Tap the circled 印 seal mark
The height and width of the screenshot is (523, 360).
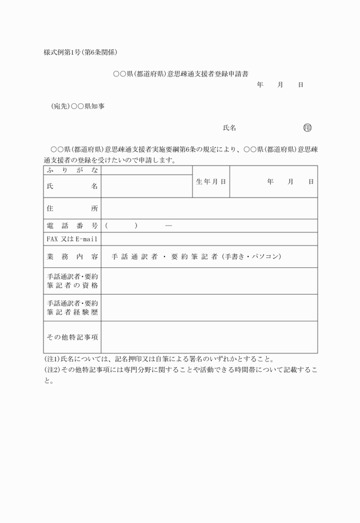pos(307,128)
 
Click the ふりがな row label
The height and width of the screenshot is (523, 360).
pos(72,170)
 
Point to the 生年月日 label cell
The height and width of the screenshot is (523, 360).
pos(211,182)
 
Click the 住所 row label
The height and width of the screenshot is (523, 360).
pos(72,208)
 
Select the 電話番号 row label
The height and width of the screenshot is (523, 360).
pos(72,226)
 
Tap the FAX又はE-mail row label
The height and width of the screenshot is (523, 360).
pos(72,239)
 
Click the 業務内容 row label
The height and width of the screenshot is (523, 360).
pos(72,256)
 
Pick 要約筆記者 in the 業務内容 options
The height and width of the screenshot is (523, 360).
pos(194,256)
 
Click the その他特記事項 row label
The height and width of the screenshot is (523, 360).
pos(72,337)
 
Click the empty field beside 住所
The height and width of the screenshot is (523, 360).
pos(209,208)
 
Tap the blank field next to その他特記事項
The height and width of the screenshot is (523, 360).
pos(209,337)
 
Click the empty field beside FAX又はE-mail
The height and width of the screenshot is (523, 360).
pos(209,239)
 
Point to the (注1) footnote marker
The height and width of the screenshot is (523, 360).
pos(52,359)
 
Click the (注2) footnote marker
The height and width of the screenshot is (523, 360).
pos(52,370)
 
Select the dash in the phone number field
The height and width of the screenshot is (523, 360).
pos(169,226)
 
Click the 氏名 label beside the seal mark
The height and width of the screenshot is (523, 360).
pos(230,128)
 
